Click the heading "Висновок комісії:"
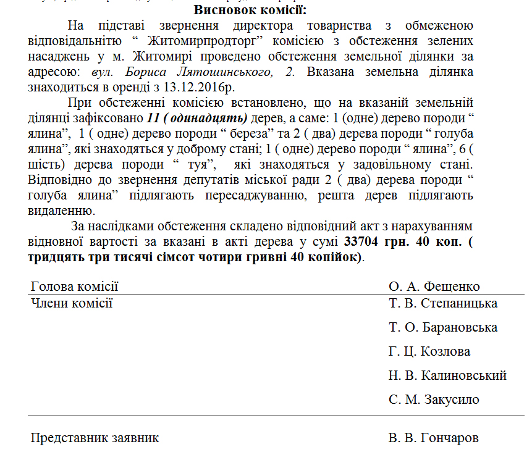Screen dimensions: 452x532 click(250, 10)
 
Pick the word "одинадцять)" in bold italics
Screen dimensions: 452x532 click(210, 117)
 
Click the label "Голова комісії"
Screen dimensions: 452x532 click(74, 287)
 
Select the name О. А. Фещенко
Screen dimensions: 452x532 click(434, 287)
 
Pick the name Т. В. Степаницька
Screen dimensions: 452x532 click(443, 303)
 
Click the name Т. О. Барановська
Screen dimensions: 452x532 click(443, 327)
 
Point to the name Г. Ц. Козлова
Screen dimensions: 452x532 click(429, 351)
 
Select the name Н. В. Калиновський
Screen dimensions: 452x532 click(447, 375)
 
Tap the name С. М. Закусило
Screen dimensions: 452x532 click(434, 400)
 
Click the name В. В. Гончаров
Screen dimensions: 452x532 click(434, 438)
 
